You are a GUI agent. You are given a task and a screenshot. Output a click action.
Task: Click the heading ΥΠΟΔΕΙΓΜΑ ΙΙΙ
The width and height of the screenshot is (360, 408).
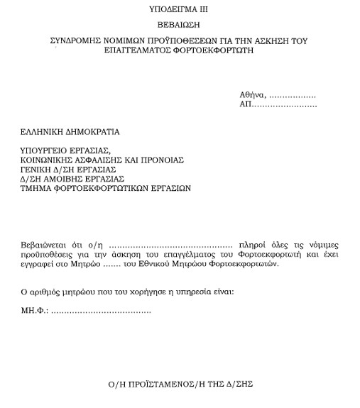(x=180, y=10)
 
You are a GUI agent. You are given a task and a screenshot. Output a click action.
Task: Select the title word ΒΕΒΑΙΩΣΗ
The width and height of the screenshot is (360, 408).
(x=180, y=26)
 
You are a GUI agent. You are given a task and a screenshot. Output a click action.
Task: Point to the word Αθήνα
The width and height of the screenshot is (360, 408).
(x=252, y=95)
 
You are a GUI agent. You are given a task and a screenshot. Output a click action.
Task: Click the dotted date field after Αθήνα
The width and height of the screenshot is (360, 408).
(x=293, y=96)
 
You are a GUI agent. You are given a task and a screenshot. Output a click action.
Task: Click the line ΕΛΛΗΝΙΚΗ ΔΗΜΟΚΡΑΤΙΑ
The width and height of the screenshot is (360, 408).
(x=70, y=131)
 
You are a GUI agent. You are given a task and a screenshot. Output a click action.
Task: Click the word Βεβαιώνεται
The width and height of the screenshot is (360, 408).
(x=44, y=244)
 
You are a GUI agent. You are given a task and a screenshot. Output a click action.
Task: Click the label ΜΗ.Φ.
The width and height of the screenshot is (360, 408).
(x=33, y=311)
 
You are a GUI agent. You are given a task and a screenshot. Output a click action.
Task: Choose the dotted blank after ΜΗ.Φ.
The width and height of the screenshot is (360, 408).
(x=101, y=311)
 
